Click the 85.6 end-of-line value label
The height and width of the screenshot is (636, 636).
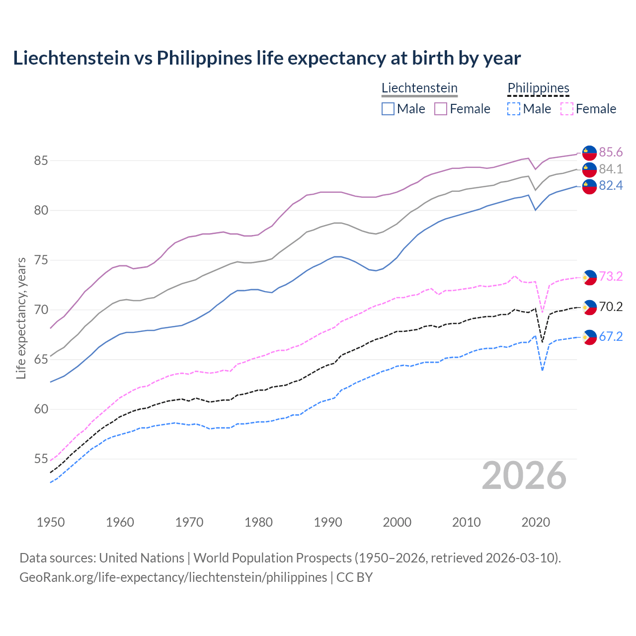coord(611,152)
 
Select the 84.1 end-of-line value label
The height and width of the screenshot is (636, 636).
coord(611,169)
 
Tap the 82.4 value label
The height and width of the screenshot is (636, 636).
coord(611,186)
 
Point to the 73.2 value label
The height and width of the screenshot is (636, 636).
coord(611,277)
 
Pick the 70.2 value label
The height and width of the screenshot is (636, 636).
coord(611,307)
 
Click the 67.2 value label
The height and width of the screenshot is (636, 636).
coord(611,337)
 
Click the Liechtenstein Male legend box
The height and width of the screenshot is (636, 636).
coord(388,109)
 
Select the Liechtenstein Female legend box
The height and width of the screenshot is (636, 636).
coord(441,109)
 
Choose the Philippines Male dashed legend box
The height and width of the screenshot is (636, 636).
coord(514,109)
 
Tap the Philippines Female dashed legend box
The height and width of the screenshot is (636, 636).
coord(567,109)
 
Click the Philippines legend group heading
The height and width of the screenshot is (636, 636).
coord(538,88)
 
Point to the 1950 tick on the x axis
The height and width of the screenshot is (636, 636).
coord(51,522)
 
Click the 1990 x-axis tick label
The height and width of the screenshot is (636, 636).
coord(328,522)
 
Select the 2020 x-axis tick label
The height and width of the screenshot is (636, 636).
coord(536,522)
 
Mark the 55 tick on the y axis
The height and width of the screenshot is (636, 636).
coord(41,459)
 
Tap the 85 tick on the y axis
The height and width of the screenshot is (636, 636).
coord(41,161)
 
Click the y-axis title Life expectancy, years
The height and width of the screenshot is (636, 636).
coord(21,318)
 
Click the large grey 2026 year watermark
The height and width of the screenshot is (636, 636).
coord(524,476)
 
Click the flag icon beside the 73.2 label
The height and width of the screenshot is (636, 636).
coord(589,277)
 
